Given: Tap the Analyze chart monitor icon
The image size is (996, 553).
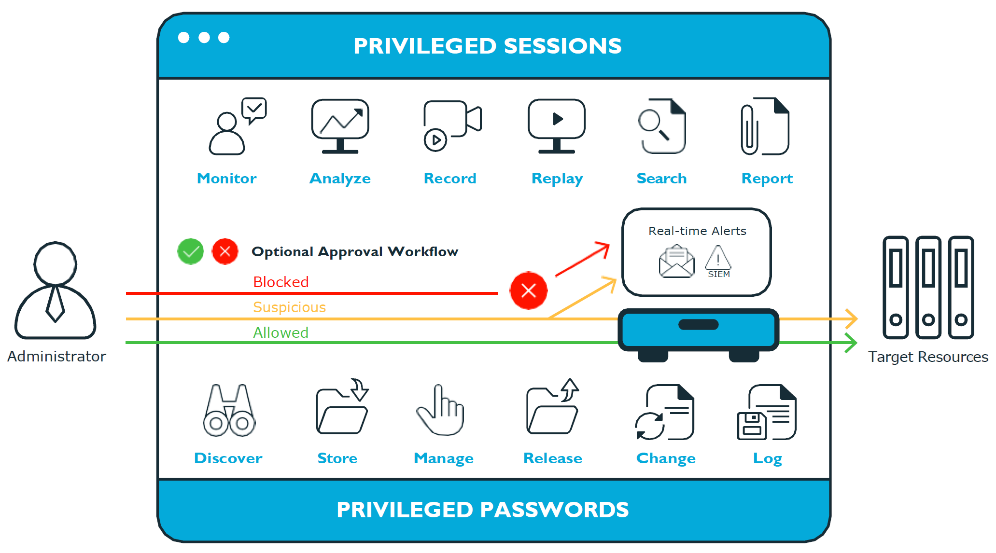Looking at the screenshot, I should point(340,125).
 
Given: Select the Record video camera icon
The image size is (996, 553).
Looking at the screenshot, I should point(451,125).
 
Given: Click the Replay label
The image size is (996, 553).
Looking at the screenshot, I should point(557,179).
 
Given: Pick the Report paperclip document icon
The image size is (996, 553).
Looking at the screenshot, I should point(765,126).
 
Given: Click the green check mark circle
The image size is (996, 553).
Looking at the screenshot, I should point(191,251).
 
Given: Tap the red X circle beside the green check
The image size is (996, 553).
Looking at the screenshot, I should point(225,251).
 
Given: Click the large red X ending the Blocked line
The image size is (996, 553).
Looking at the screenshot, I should point(529,290).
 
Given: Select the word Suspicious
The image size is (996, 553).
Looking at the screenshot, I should point(290,307).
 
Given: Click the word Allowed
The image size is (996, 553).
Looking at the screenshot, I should point(281,332).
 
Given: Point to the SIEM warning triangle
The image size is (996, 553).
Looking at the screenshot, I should point(718,259).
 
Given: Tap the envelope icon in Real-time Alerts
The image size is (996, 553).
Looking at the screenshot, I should point(677,262).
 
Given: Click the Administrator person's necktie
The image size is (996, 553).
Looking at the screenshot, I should point(56,304).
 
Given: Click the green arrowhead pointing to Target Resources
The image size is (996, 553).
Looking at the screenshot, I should point(852,343).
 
